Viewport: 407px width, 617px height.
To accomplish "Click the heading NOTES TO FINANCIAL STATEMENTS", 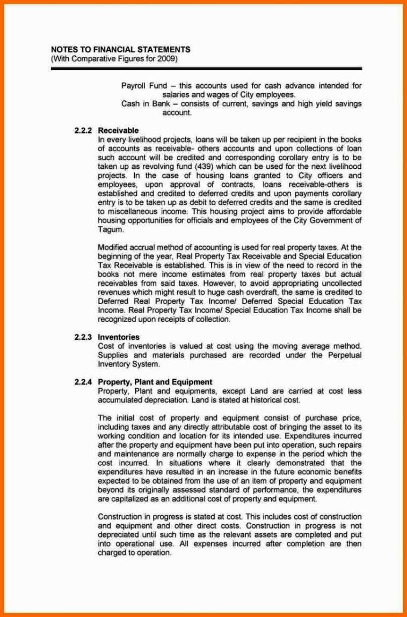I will pos(120,50).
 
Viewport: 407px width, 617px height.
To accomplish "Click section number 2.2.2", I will pos(83,130).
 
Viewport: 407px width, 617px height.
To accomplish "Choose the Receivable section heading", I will pos(118,130).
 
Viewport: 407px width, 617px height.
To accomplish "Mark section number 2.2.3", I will pos(83,337).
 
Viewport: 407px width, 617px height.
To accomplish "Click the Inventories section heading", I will pos(119,337).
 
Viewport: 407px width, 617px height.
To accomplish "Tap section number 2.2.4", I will pos(83,382).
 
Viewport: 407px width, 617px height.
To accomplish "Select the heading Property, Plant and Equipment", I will pos(155,382).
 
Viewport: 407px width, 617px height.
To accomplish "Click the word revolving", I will pos(140,167).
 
